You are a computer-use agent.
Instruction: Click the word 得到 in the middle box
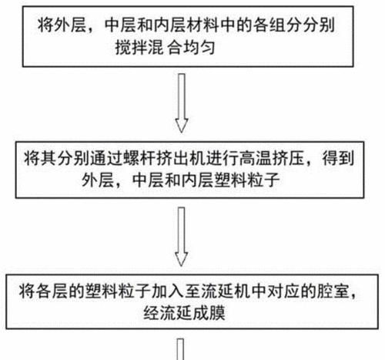pyautogui.click(x=338, y=158)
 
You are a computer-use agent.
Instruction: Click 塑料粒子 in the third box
pyautogui.click(x=118, y=291)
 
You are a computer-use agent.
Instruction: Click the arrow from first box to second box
pyautogui.click(x=182, y=103)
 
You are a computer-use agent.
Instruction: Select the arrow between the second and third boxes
pyautogui.click(x=182, y=237)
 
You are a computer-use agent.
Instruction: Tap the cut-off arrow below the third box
pyautogui.click(x=180, y=349)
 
